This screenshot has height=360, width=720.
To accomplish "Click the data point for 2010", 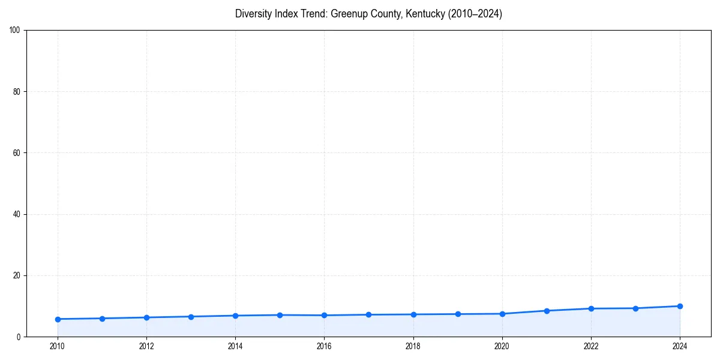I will [x=58, y=319].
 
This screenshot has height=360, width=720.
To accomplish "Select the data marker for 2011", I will [x=102, y=319].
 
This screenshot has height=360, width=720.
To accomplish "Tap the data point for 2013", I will [x=191, y=317].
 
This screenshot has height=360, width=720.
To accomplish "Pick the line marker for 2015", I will [x=280, y=315].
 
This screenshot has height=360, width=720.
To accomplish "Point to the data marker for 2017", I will [x=368, y=314].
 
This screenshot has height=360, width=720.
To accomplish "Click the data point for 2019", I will [x=458, y=314].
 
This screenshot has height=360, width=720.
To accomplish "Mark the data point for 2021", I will [x=547, y=311].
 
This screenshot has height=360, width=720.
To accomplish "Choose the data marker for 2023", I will [x=635, y=308].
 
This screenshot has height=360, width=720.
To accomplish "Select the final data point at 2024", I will [x=680, y=306].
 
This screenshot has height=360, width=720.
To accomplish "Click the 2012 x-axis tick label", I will [x=146, y=346].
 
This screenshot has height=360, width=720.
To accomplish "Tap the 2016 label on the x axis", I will [x=324, y=346].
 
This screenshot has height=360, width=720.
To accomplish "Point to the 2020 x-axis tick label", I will [x=502, y=346].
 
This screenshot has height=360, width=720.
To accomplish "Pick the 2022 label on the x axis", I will [x=591, y=346].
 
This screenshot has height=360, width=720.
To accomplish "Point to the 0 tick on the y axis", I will [x=19, y=337].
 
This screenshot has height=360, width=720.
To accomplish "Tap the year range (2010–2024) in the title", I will [x=471, y=14].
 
